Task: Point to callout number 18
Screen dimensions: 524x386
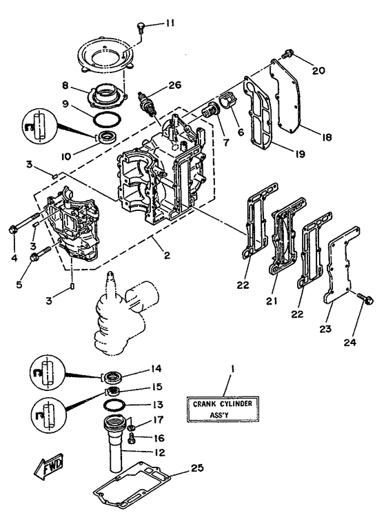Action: coord(326,137)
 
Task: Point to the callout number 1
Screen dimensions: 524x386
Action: coord(232,370)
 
